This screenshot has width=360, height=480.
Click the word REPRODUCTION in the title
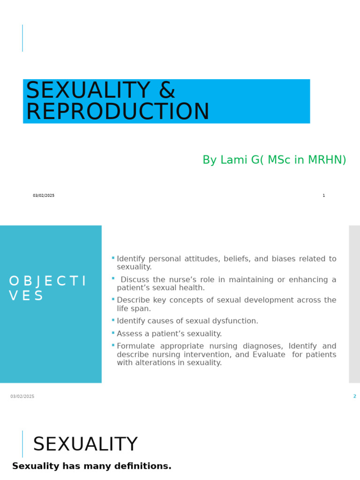coord(117,112)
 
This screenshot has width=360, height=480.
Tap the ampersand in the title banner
coord(167,90)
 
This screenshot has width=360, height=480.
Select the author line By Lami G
coord(274,160)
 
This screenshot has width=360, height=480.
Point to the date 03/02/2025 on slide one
coord(44,195)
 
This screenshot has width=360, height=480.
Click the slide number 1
coord(323,195)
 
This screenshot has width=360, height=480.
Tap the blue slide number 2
coord(354,397)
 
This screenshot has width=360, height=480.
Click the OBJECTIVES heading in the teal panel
coord(47,288)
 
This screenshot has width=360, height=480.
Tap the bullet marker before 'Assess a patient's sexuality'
coord(113,333)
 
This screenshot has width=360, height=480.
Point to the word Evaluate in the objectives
coord(269,355)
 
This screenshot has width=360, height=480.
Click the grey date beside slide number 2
coord(22,397)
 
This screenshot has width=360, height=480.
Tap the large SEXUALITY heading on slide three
coord(85,444)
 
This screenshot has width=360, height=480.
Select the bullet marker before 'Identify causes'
coord(113,320)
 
